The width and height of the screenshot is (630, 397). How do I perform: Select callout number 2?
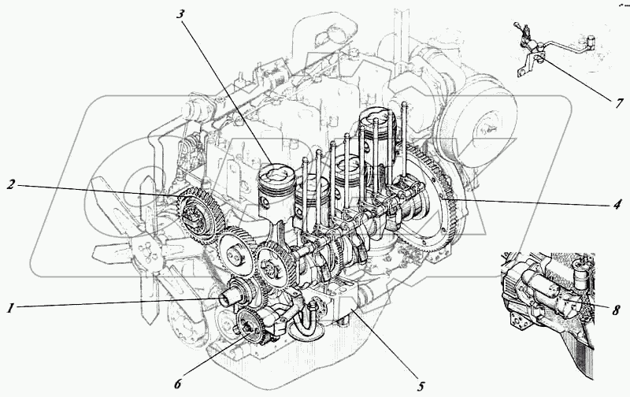click(x=11, y=186)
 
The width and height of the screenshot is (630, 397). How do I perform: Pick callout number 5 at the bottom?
click(x=421, y=386)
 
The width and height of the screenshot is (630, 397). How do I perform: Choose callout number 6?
click(x=178, y=384)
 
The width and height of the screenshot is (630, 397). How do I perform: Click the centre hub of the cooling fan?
click(x=143, y=250)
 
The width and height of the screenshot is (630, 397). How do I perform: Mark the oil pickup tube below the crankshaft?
click(x=308, y=323)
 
